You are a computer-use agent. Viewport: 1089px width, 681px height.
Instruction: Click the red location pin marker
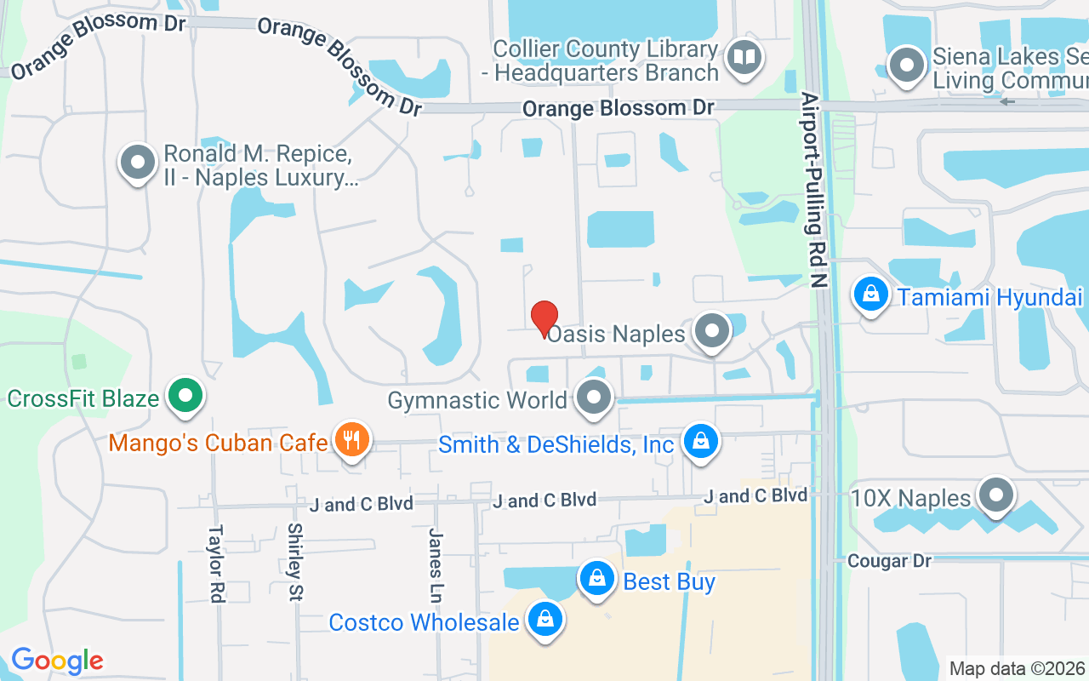544,319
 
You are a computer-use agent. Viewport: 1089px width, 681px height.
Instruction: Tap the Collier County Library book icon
745,59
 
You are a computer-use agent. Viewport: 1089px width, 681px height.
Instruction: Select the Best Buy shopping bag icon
598,580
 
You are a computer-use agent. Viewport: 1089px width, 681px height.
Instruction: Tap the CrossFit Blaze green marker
184,396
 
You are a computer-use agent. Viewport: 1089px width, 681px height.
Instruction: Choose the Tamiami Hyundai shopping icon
870,295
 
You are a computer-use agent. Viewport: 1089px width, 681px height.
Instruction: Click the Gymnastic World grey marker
594,398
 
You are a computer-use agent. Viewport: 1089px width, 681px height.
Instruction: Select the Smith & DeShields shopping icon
700,442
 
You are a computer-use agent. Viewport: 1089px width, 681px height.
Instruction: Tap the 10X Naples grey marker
995,495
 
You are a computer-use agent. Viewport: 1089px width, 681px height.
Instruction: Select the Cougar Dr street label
889,560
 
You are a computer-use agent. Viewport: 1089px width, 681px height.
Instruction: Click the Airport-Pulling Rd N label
814,192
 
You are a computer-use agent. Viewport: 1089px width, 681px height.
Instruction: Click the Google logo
57,660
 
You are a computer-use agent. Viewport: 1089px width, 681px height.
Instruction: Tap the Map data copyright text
1018,669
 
